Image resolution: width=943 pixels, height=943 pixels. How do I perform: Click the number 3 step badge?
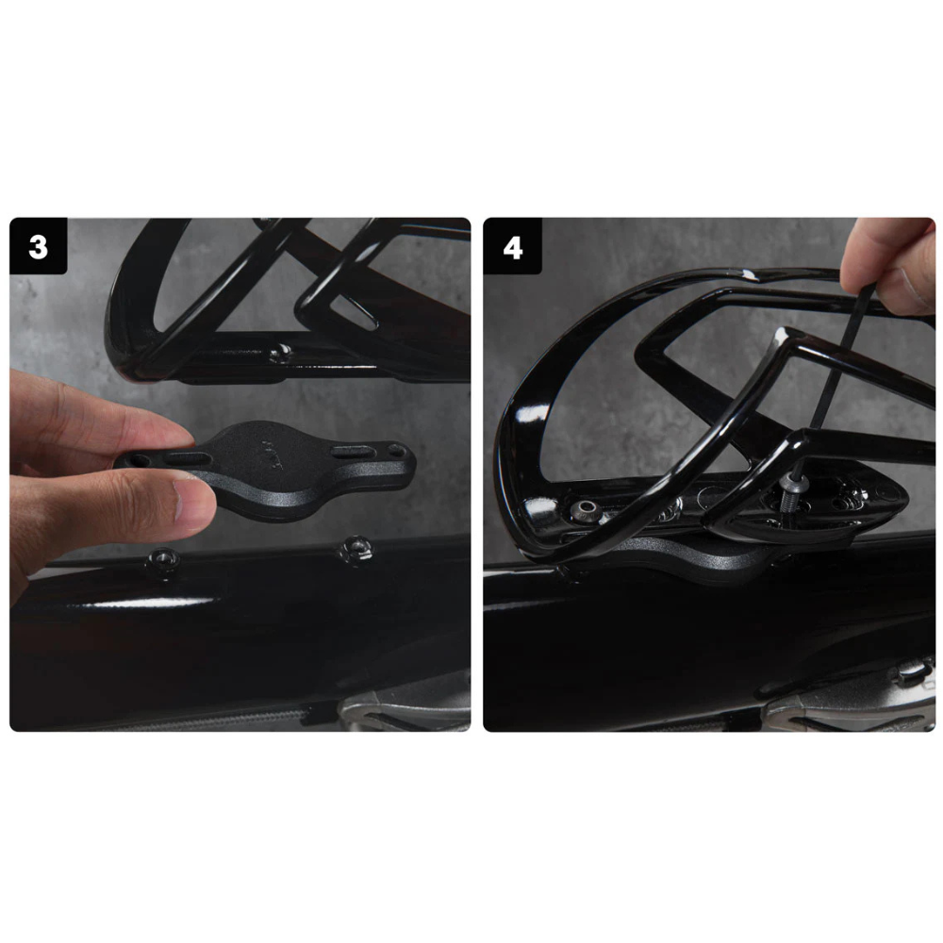tap(38, 246)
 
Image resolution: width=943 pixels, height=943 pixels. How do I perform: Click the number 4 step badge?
tap(512, 246)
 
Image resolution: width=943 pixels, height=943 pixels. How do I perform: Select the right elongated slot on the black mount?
tap(355, 453)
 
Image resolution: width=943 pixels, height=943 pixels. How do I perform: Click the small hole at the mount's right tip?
tap(396, 449)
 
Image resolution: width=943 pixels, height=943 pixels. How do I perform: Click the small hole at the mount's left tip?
tap(141, 460)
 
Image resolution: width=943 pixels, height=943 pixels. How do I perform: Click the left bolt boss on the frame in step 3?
tap(163, 558)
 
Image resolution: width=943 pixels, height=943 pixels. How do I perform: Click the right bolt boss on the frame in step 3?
tap(356, 549)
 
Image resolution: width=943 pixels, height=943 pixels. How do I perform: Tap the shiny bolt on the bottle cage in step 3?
tap(281, 353)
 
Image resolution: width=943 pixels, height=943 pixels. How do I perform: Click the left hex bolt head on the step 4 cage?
tap(585, 512)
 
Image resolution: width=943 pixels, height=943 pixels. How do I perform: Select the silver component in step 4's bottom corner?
tap(848, 698)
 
